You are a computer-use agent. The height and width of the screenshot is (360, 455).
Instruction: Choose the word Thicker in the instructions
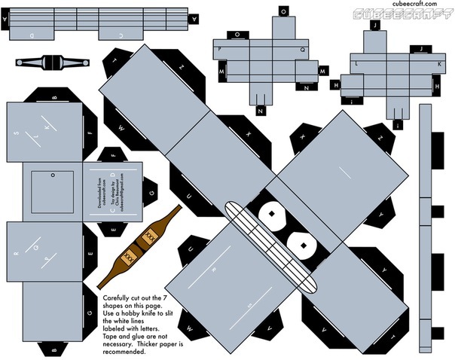[x=142, y=335]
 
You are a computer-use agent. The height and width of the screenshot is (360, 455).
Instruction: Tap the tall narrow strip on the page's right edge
[x=426, y=226]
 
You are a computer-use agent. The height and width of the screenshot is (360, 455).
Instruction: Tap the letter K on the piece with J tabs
[x=439, y=66]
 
